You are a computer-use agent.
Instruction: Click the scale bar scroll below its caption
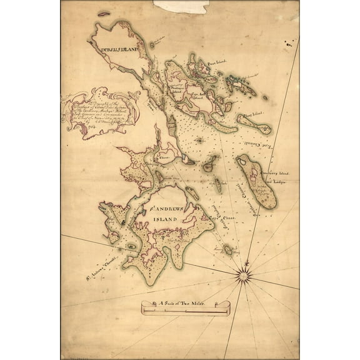177,311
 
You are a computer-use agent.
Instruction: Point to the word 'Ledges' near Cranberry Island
278,181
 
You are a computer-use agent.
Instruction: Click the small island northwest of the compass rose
228,249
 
